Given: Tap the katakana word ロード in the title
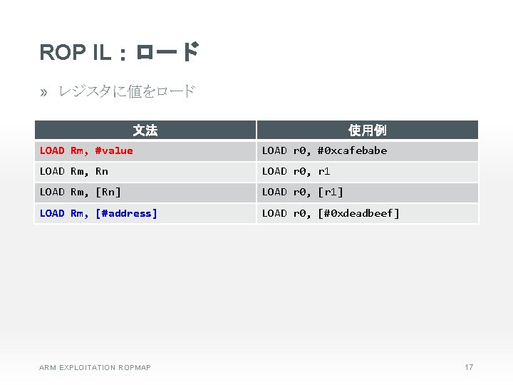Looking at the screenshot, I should point(166,52).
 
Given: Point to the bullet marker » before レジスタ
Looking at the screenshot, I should point(44,91).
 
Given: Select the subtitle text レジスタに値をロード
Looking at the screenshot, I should point(126,91).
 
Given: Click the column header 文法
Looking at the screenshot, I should point(145,130).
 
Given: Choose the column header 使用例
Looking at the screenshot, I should point(368,130).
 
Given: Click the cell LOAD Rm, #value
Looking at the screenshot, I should point(86,150).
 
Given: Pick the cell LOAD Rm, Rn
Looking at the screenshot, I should point(74,171).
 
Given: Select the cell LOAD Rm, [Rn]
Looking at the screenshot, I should point(81,192).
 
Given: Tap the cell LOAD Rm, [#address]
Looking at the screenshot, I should point(98,213).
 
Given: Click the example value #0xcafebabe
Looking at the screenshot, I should point(352,150).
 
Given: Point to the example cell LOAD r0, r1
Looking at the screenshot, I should point(296,171).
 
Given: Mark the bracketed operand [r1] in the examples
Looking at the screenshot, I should point(330,192).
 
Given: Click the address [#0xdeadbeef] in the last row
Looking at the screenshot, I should point(358,213).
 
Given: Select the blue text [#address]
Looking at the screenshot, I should point(126,213).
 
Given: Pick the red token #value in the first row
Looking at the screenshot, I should point(114,150).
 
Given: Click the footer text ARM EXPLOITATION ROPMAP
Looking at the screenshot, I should point(95,368).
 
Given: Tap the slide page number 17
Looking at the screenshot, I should point(469,367).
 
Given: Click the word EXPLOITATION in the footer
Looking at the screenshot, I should point(86,368).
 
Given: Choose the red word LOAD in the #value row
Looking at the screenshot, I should point(52,150).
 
